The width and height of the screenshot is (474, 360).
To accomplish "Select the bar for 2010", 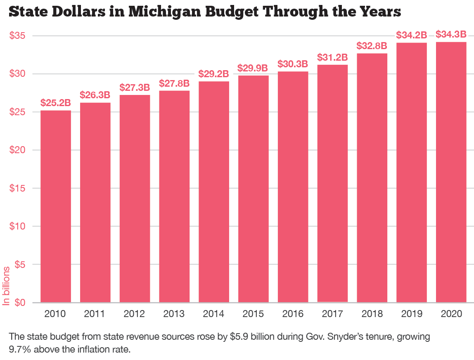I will pos(55,206).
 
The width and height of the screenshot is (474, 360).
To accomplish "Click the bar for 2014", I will pos(213,192).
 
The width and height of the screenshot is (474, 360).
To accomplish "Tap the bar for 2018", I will pos(372,178).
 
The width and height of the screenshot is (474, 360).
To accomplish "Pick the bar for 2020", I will pos(451,172).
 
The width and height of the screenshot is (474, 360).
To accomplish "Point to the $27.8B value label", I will pos(174,83).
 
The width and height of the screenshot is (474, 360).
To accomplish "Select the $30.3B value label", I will pos(293,64).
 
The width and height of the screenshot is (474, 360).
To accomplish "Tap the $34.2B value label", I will pos(412,35).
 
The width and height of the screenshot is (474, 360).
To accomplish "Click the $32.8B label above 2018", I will pos(372,45).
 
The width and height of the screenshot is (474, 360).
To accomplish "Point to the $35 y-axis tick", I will pos(18,36).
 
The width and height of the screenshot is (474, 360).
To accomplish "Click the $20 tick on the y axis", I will pos(18,150).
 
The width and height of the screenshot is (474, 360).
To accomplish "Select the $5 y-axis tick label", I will pos(20,265).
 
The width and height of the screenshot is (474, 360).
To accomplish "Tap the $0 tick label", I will pos(20,303).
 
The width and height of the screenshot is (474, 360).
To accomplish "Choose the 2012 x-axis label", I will pos(134,314).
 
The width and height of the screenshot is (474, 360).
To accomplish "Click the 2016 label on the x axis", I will pos(293,314).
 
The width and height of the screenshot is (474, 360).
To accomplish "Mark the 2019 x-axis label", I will pos(412,314).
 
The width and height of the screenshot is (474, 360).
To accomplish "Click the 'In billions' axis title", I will pos(6,286).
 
